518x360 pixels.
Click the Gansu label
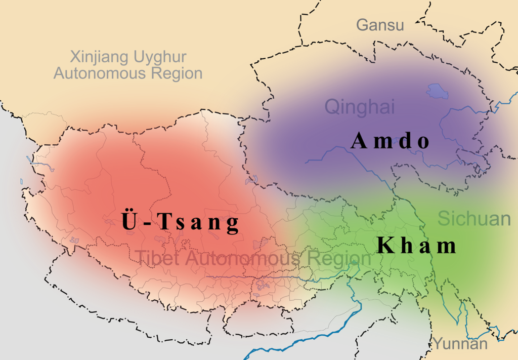click(x=380, y=25)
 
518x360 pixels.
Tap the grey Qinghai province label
click(x=359, y=107)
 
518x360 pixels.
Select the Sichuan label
click(x=474, y=219)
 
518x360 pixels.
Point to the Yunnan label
click(x=460, y=344)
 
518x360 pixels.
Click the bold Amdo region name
click(x=390, y=141)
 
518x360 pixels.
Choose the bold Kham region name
click(x=417, y=246)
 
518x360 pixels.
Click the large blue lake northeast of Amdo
click(x=438, y=92)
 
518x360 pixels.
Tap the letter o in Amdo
click(x=423, y=142)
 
